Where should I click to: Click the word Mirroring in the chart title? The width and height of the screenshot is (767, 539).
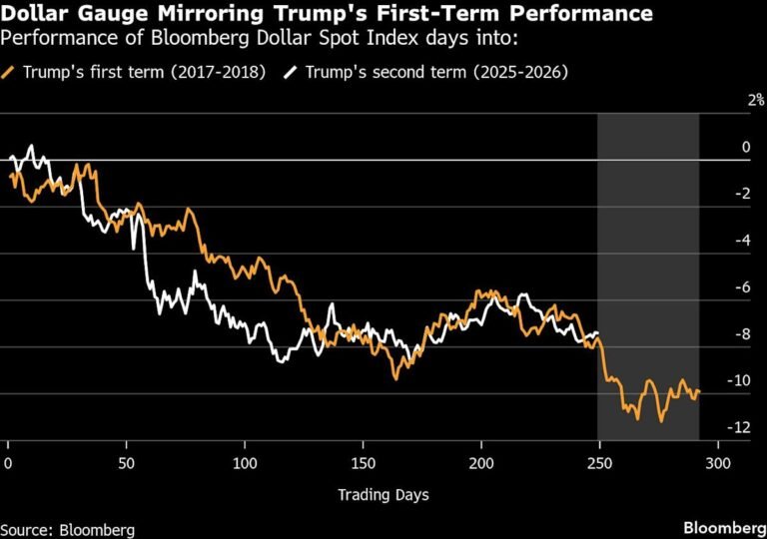pyautogui.click(x=190, y=14)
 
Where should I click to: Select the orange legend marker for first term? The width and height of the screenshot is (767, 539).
pyautogui.click(x=9, y=72)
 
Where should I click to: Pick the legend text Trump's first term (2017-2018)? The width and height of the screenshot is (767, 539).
pyautogui.click(x=140, y=72)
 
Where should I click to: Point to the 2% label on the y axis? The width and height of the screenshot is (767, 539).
pyautogui.click(x=755, y=100)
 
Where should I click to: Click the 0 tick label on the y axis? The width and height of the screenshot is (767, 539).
pyautogui.click(x=745, y=147)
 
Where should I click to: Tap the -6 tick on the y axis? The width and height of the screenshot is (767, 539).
pyautogui.click(x=742, y=287)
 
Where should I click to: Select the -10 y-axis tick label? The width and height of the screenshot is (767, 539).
pyautogui.click(x=739, y=381)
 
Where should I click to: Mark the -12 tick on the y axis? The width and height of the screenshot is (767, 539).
pyautogui.click(x=739, y=427)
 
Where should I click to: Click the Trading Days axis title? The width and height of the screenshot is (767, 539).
pyautogui.click(x=383, y=494)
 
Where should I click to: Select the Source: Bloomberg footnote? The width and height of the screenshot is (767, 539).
pyautogui.click(x=68, y=529)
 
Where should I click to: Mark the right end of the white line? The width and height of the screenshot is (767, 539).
pyautogui.click(x=598, y=332)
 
